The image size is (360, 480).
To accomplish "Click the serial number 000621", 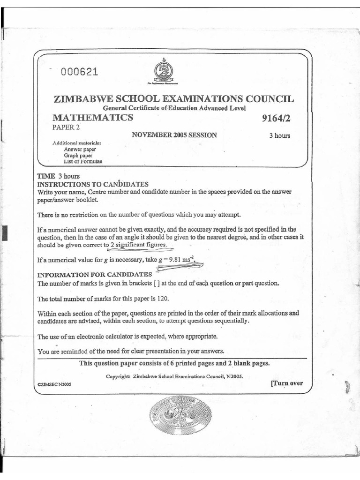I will tap(79, 72).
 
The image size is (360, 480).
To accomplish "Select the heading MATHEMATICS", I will tap(93, 118).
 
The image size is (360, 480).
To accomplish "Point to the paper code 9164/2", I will tap(277, 118).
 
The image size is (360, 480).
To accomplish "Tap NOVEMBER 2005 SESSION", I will tap(174, 135).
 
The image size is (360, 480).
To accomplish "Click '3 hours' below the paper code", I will tap(279, 136).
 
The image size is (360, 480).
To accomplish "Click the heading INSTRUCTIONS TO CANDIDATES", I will tap(93, 184).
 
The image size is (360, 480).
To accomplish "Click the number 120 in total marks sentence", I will tap(162, 299).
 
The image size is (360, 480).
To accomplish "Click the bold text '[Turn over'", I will tap(286, 383).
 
